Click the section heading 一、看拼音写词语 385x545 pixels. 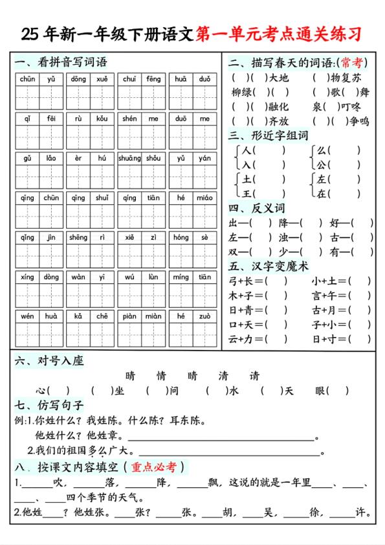[x=60, y=62]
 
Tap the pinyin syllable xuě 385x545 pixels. [x=102, y=79]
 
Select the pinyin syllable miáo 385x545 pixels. [x=204, y=198]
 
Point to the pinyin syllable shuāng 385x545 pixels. [x=129, y=158]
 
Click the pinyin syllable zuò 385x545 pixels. [x=204, y=316]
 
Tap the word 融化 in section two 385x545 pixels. [x=279, y=107]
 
